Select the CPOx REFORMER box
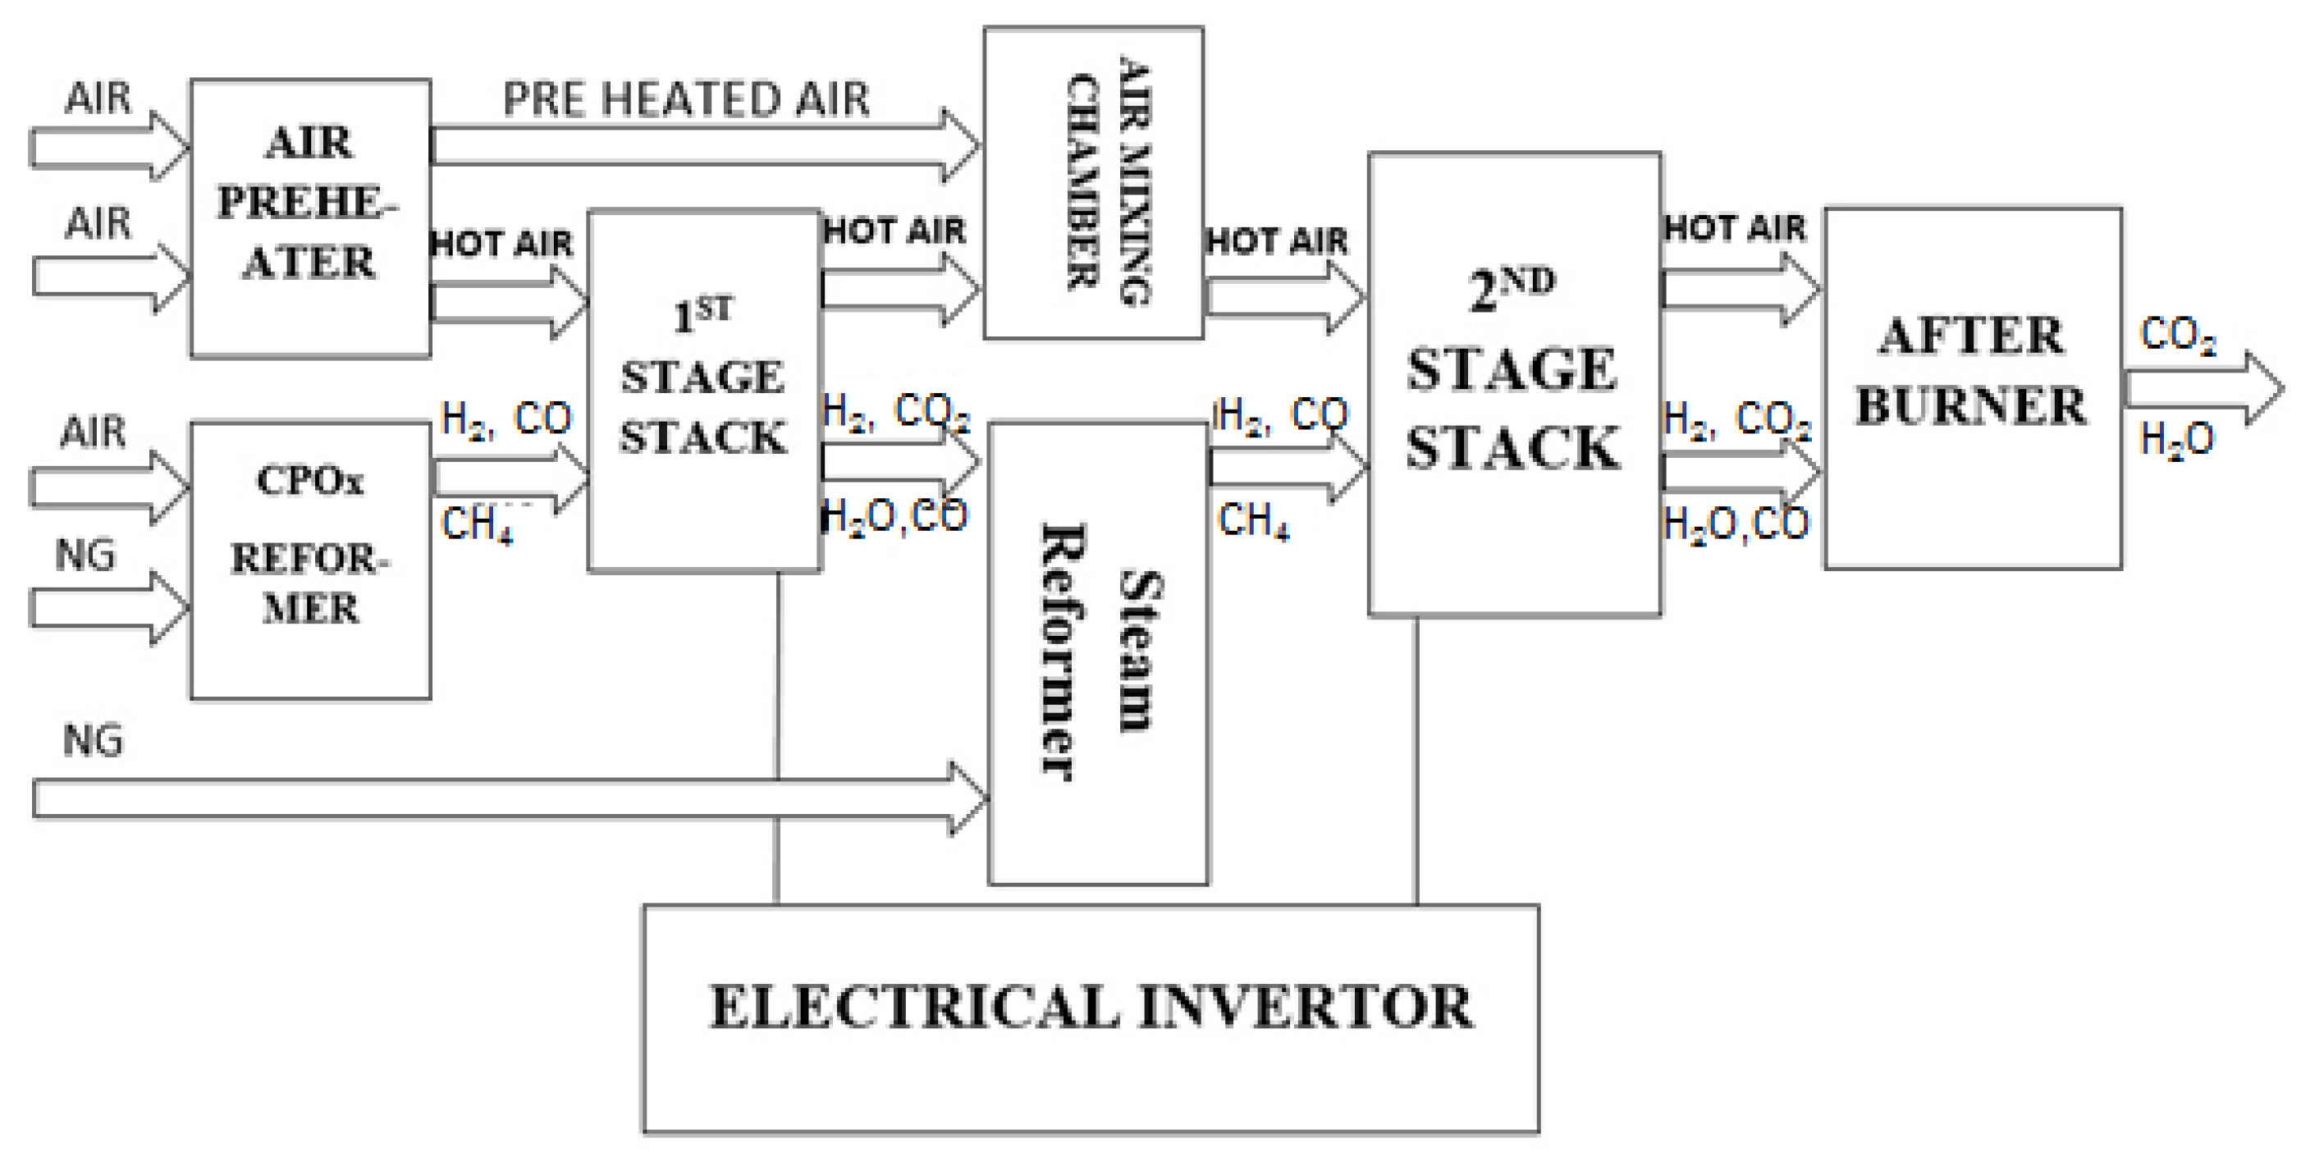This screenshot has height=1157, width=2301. click(x=310, y=560)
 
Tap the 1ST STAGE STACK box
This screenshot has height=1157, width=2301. click(x=703, y=391)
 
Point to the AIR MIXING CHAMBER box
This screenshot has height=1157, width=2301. click(x=1092, y=182)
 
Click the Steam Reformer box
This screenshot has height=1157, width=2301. click(x=1098, y=653)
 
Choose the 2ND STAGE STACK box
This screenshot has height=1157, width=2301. click(x=1514, y=384)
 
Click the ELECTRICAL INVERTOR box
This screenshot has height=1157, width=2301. click(x=1090, y=1018)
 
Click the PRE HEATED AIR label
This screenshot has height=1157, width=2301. click(x=686, y=98)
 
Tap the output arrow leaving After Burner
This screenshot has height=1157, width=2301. click(x=2202, y=390)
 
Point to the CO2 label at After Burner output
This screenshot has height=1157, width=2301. click(x=2177, y=336)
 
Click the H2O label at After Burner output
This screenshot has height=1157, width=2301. click(x=2177, y=440)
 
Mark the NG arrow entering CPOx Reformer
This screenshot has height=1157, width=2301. click(x=108, y=608)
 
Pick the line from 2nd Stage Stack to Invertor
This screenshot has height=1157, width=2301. click(x=1416, y=759)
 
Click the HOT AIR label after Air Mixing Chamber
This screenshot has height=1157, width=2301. click(x=1276, y=241)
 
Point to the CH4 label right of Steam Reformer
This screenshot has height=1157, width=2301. click(x=1253, y=520)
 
